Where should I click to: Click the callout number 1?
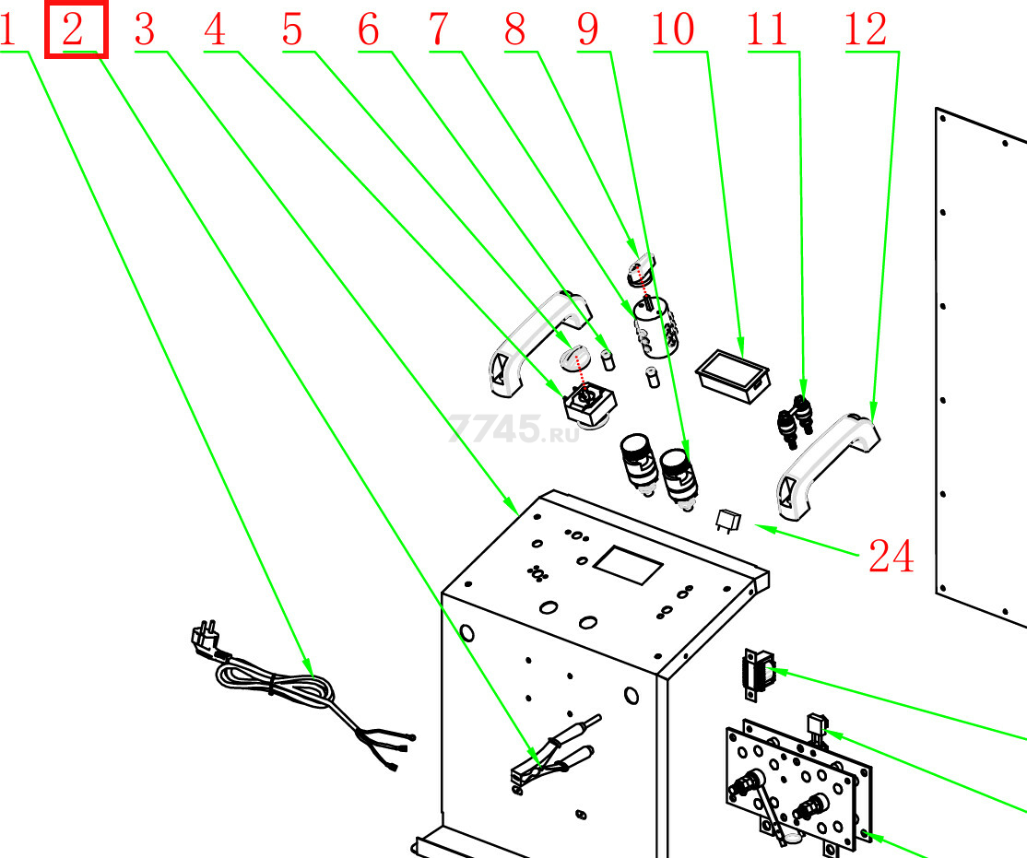click(x=9, y=30)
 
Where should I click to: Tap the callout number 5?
click(x=291, y=30)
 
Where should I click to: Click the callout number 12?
click(x=866, y=30)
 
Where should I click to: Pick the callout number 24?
click(x=890, y=556)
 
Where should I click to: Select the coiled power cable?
click(x=277, y=687)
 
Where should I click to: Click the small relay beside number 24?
click(x=729, y=521)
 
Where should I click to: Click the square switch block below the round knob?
click(x=589, y=406)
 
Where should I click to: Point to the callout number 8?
click(x=514, y=30)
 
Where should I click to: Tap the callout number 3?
click(x=144, y=30)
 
